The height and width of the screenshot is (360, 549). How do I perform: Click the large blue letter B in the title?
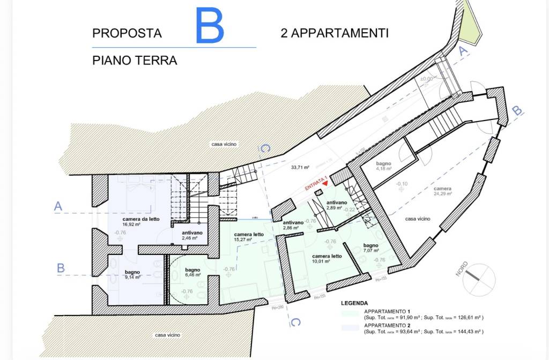pyautogui.click(x=210, y=26)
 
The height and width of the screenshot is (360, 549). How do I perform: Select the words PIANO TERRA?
pyautogui.click(x=135, y=61)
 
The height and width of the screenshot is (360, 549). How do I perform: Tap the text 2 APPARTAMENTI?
pyautogui.click(x=335, y=33)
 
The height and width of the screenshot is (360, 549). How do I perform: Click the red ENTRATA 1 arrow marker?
pyautogui.click(x=324, y=184)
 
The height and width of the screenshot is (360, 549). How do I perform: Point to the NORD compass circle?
pyautogui.click(x=479, y=279)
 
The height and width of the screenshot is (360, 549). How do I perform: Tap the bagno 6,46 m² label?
pyautogui.click(x=192, y=272)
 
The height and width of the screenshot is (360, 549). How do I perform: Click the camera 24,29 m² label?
pyautogui.click(x=443, y=191)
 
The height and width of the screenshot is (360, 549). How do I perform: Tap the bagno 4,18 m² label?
pyautogui.click(x=384, y=166)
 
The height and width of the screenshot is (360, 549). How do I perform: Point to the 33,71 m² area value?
pyautogui.click(x=300, y=167)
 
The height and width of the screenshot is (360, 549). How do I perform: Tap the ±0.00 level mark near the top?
pyautogui.click(x=426, y=79)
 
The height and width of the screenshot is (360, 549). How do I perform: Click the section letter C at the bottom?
pyautogui.click(x=295, y=321)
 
